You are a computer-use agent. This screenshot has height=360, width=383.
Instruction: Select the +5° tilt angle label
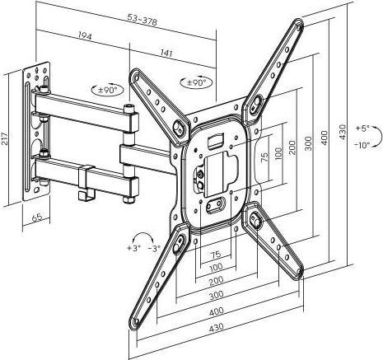click(x=364, y=129)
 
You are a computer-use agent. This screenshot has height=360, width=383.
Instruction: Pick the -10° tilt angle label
click(x=364, y=144)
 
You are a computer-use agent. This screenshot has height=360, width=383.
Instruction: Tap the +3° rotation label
click(x=133, y=246)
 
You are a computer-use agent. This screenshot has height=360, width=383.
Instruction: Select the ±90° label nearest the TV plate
click(x=196, y=83)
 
